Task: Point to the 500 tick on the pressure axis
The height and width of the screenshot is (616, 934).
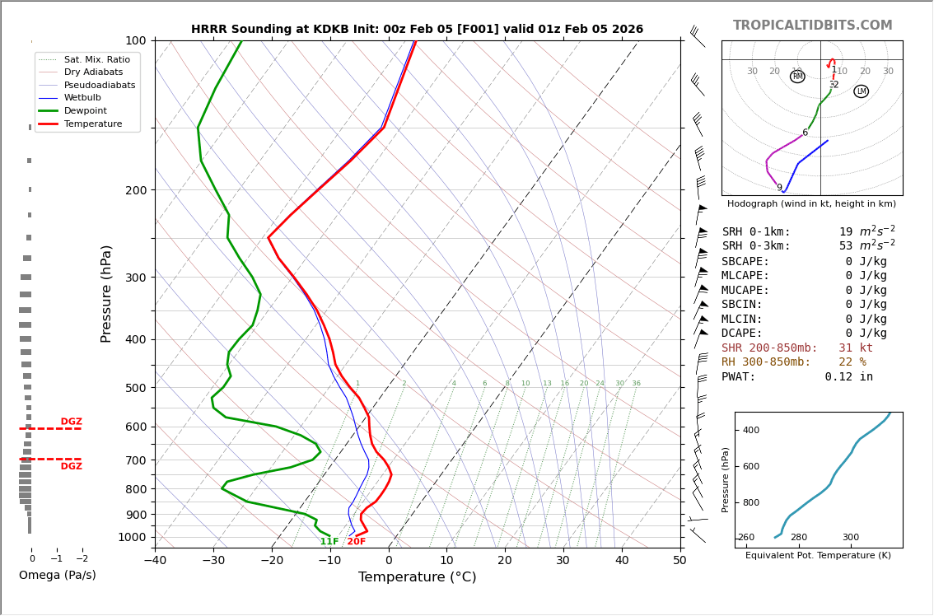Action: (x=135, y=388)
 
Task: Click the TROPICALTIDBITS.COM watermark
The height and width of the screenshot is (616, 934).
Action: (x=812, y=26)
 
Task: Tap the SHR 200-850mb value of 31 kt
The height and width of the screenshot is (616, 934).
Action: (x=855, y=348)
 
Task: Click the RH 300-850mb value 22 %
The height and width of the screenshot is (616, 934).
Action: (x=852, y=362)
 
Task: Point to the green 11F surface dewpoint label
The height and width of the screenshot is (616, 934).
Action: (x=329, y=542)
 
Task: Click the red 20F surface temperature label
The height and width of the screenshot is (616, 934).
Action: (x=356, y=542)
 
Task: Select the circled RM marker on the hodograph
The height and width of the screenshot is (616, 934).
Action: (x=797, y=77)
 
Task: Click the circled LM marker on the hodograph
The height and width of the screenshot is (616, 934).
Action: (x=861, y=91)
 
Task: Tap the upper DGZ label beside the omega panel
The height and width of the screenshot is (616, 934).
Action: (x=72, y=422)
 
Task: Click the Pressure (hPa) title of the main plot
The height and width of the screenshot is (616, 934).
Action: (x=106, y=293)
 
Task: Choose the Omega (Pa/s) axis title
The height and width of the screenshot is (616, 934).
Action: (x=58, y=576)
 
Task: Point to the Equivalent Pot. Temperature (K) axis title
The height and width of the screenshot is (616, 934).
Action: (x=818, y=556)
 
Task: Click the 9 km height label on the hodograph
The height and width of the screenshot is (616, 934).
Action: (x=779, y=188)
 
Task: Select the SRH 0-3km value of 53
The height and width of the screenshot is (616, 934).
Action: (x=846, y=246)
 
